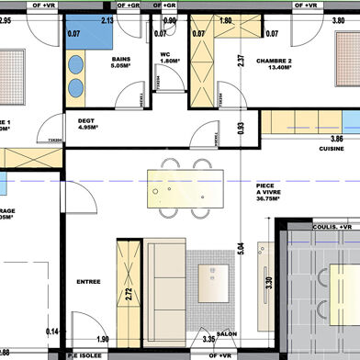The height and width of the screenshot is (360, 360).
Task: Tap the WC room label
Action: (166, 54)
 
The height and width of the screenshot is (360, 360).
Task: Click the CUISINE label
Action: (331, 148)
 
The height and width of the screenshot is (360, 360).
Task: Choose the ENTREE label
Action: (88, 281)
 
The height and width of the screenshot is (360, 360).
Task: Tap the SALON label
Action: (228, 335)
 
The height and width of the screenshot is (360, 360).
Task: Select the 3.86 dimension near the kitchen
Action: (336, 138)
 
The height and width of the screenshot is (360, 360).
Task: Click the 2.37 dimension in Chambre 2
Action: (241, 63)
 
